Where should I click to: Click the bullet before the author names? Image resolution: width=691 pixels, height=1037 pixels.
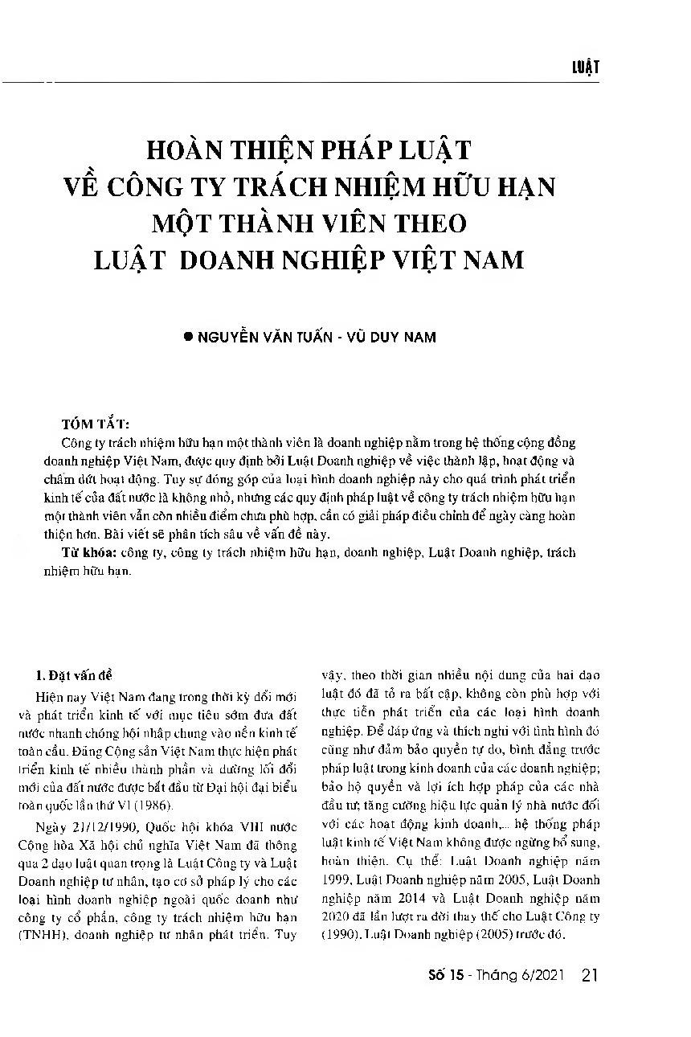point(189,338)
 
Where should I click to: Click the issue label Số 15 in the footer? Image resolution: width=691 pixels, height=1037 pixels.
point(448,977)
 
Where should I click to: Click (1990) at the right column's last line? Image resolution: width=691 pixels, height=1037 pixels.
point(337,935)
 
